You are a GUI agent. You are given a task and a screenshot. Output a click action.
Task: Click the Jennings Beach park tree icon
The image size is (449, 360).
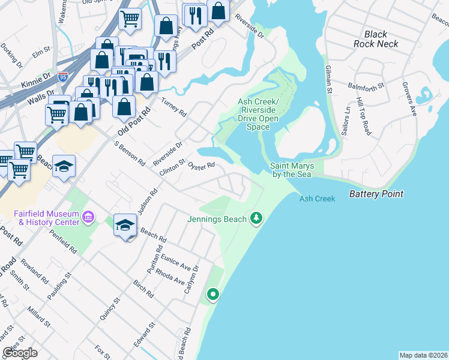pyautogui.click(x=257, y=217)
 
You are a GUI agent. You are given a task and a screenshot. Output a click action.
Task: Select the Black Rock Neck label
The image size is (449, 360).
pyautogui.click(x=376, y=39)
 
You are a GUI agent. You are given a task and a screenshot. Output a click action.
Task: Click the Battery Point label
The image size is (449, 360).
pyautogui.click(x=376, y=194)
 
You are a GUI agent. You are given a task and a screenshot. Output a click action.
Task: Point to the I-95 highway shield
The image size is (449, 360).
pyautogui.click(x=63, y=76)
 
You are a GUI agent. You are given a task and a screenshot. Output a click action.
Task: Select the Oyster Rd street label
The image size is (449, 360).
pyautogui.click(x=201, y=165)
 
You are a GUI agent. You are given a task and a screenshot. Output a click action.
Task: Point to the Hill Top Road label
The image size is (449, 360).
pyautogui.click(x=363, y=115)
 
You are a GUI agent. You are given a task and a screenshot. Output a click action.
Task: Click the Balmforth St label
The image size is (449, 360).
pyautogui.click(x=366, y=88)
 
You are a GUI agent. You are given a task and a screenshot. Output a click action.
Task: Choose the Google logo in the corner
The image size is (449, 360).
pyautogui.click(x=20, y=353)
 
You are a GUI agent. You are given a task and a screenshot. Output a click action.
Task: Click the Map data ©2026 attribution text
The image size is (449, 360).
pyautogui.click(x=423, y=355)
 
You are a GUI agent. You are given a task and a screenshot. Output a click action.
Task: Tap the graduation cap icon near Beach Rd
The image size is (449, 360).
pyautogui.click(x=125, y=226)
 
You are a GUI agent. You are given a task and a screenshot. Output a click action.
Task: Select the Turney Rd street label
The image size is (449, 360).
pyautogui.click(x=173, y=106)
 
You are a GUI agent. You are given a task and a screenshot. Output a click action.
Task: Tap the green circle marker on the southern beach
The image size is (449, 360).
pyautogui.click(x=212, y=294)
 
